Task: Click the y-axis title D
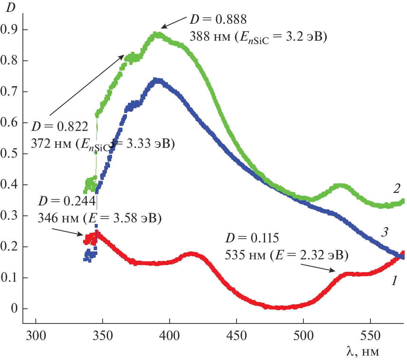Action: [11, 7]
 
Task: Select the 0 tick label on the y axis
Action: [14, 309]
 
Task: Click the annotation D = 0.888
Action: [218, 19]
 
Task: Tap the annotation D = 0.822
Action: [60, 127]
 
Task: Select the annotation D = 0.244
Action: [67, 201]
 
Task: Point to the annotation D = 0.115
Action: [252, 238]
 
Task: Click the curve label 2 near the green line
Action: [396, 189]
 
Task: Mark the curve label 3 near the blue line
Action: [384, 232]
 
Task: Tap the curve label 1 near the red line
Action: [394, 281]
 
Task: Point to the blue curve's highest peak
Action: [156, 80]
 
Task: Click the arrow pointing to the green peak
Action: [173, 22]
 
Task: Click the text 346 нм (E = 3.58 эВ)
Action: [99, 218]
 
